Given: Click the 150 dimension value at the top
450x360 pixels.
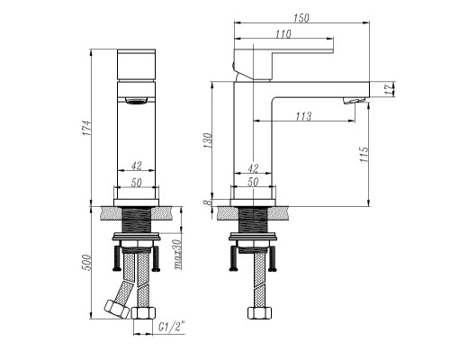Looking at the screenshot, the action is click(x=301, y=18).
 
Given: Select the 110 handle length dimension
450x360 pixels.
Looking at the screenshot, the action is click(x=283, y=34).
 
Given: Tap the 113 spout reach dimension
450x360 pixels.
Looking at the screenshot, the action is click(x=303, y=116).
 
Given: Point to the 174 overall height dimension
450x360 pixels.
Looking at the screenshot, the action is click(x=86, y=128).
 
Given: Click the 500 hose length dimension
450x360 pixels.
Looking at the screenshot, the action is click(x=86, y=262).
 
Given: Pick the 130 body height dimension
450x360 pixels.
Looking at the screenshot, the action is click(x=208, y=140).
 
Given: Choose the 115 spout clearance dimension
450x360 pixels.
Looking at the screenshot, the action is click(x=364, y=154).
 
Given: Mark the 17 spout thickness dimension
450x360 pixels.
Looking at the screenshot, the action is click(x=389, y=89).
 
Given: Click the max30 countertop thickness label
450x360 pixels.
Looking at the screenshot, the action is click(x=178, y=255).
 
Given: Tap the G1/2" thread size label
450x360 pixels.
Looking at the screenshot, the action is click(x=171, y=327).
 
